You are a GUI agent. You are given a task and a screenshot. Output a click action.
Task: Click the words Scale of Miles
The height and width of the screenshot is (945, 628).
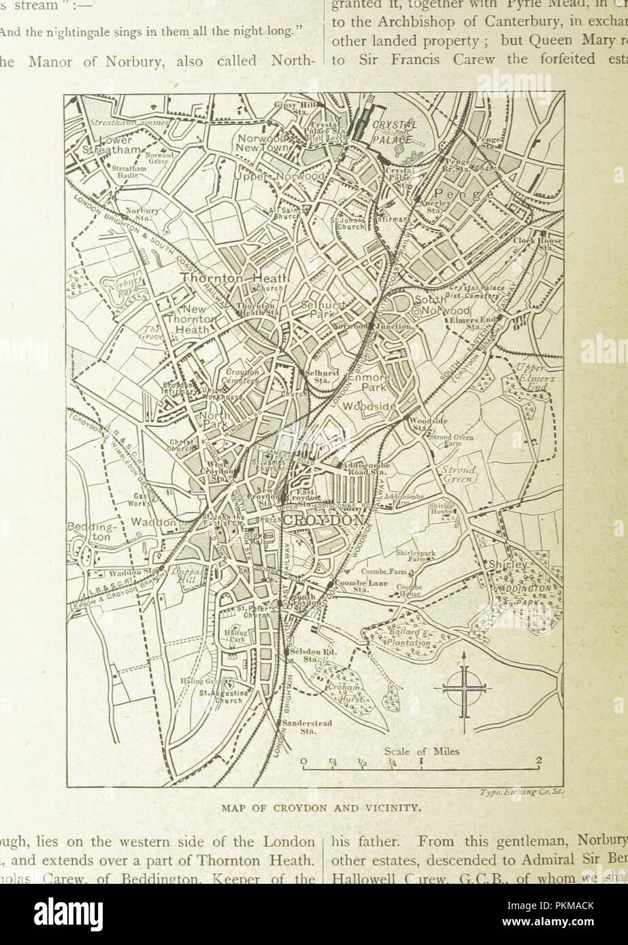point(422,752)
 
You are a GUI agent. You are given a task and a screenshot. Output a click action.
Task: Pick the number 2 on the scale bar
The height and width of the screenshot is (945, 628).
point(538,761)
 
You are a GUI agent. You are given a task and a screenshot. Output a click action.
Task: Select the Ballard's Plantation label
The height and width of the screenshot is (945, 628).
point(408,638)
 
